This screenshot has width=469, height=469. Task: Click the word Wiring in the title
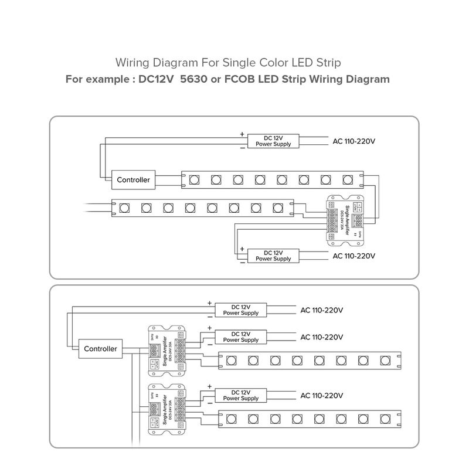click(132, 62)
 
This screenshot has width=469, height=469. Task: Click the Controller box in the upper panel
click(134, 180)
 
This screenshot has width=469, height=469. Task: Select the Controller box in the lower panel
click(101, 348)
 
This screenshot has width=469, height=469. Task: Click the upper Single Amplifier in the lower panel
click(167, 350)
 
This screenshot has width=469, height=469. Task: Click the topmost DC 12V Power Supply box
click(273, 141)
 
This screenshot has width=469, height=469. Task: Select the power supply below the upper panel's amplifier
click(273, 256)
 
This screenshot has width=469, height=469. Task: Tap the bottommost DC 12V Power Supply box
click(241, 395)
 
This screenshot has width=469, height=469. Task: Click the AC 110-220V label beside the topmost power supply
click(354, 141)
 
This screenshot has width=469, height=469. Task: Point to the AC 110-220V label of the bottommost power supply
click(321, 396)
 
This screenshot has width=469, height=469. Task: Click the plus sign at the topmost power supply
click(242, 134)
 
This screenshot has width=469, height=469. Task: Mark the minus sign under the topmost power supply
click(242, 148)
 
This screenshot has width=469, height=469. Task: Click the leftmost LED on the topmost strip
click(193, 178)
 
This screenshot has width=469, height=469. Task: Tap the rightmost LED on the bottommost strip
click(386, 418)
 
